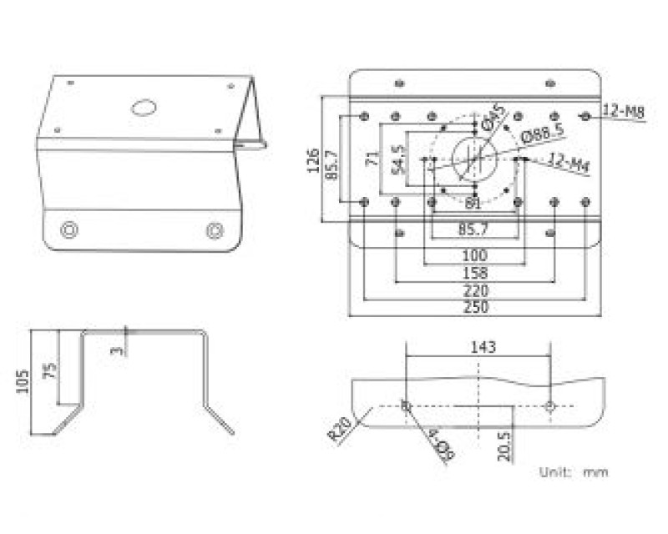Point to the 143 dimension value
coord(482,346)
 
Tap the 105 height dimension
coord(23,381)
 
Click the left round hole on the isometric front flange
coord(70,229)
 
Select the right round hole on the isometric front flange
coord(215,229)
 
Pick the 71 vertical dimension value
coord(371,160)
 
